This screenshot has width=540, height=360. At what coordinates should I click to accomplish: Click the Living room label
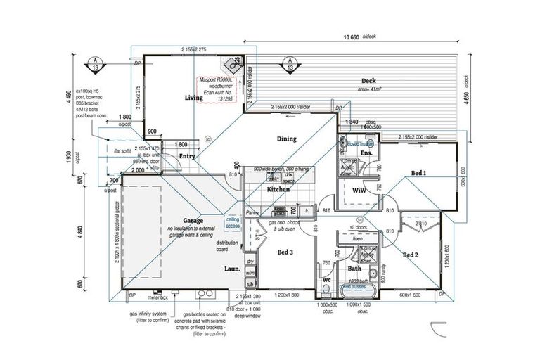coord(193,98)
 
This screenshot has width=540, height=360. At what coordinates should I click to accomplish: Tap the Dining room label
coord(286,139)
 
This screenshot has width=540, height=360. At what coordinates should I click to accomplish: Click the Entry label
coord(187,156)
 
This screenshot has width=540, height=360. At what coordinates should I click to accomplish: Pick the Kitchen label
coord(278,190)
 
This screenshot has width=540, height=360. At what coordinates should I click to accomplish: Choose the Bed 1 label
coord(418,172)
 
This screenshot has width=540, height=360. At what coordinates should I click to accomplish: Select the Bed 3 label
coord(285,252)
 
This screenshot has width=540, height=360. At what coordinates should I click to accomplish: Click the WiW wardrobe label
coord(359,191)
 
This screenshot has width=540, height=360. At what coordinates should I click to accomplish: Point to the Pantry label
coord(253,212)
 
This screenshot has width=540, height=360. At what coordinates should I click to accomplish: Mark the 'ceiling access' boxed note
coord(233,223)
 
